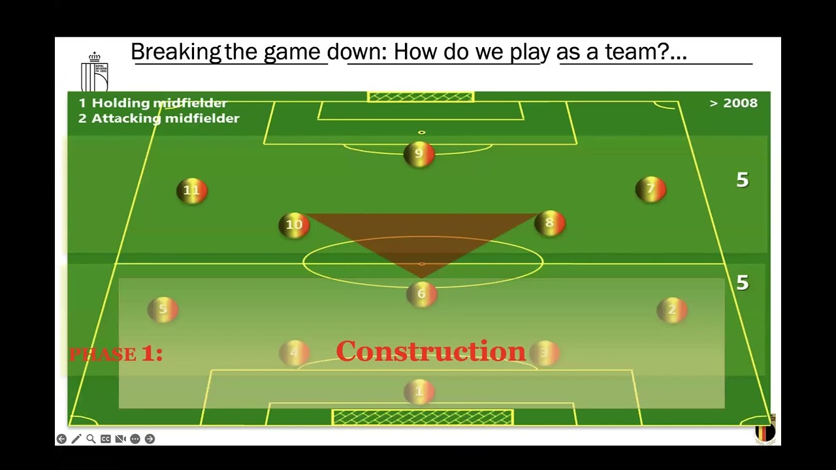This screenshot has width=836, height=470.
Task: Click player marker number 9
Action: click(x=419, y=154)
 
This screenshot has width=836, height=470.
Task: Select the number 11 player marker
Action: click(x=191, y=191)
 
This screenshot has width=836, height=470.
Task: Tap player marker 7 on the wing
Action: click(x=651, y=189)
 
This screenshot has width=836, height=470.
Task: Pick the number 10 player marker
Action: click(x=294, y=225)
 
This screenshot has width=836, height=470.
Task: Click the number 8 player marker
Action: click(x=549, y=223)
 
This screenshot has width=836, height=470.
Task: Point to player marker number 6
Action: click(x=421, y=294)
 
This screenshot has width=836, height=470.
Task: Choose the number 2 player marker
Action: click(x=672, y=310)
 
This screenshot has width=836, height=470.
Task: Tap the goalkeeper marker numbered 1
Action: click(x=419, y=392)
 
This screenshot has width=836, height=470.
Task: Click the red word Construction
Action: click(x=430, y=351)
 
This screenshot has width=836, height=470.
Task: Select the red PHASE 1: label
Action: click(x=116, y=354)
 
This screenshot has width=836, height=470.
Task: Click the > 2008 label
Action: click(x=733, y=103)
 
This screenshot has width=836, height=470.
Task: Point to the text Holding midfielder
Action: click(x=159, y=103)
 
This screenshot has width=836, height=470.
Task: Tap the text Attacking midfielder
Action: click(x=165, y=118)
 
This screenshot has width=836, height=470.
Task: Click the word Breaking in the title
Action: click(x=176, y=52)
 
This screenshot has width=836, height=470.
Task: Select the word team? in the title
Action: click(x=641, y=52)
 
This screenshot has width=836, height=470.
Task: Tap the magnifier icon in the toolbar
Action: click(x=91, y=439)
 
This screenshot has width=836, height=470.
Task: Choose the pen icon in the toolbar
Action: click(x=76, y=439)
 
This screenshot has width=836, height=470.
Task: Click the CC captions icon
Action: click(x=106, y=439)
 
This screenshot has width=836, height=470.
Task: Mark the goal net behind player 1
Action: click(x=423, y=417)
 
